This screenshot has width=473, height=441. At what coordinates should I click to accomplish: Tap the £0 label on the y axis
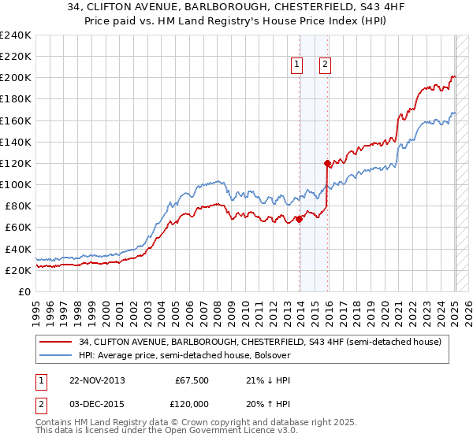(25, 291)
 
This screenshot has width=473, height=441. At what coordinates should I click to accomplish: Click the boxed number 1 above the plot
(297, 65)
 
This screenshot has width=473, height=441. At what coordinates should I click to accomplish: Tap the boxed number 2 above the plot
(325, 65)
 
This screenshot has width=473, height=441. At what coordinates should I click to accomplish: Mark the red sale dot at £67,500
(300, 220)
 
